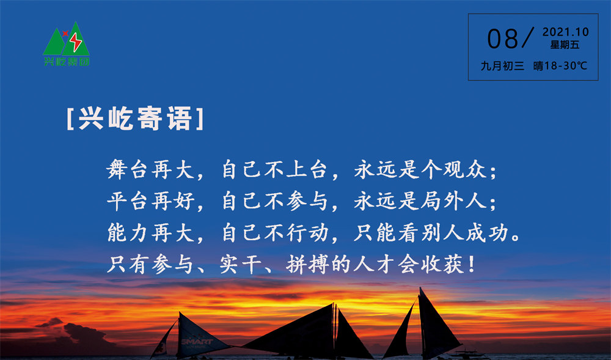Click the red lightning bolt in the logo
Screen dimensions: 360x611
75,42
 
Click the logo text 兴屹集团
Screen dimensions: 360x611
67,62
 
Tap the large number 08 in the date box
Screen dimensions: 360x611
502,39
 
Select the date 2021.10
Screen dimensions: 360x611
565,32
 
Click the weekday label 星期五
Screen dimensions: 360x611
565,45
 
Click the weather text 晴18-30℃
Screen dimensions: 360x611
560,66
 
